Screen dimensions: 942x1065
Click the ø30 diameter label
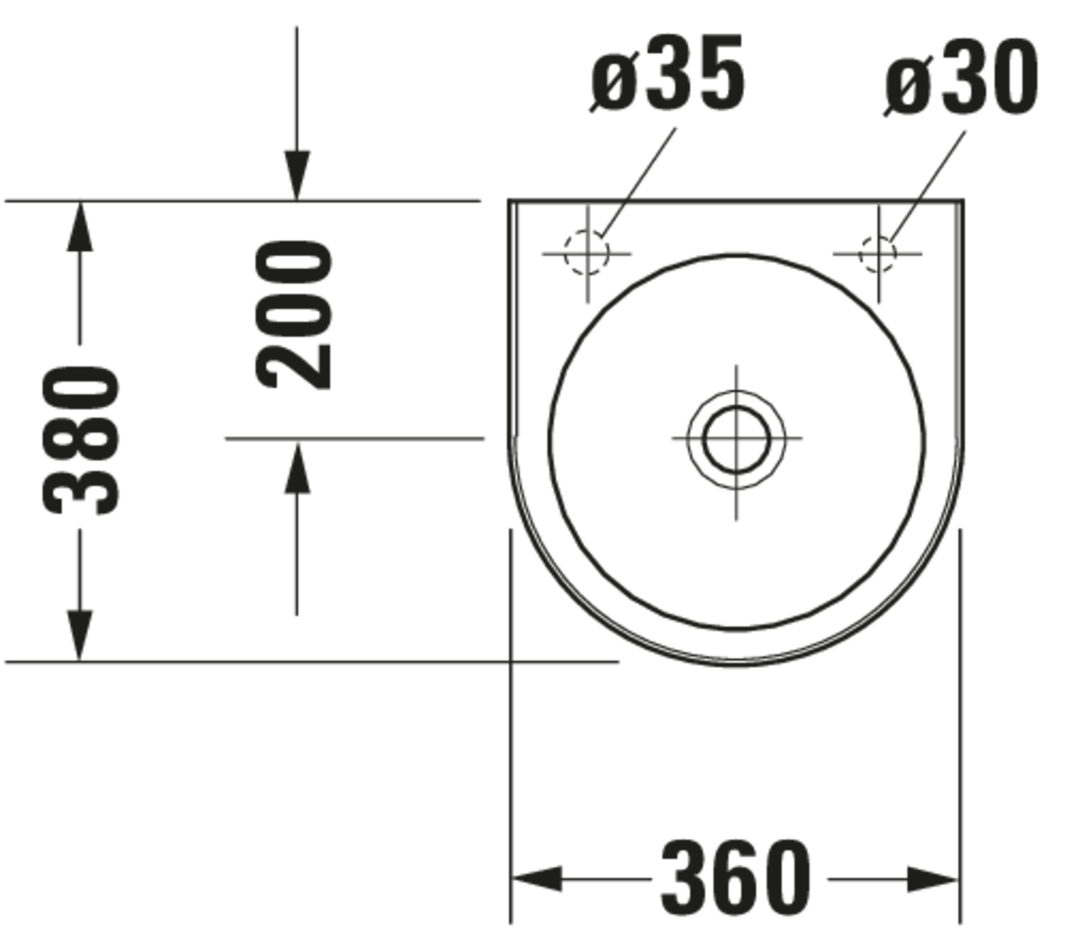pyautogui.click(x=961, y=77)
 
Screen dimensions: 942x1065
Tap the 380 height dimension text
pyautogui.click(x=81, y=440)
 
